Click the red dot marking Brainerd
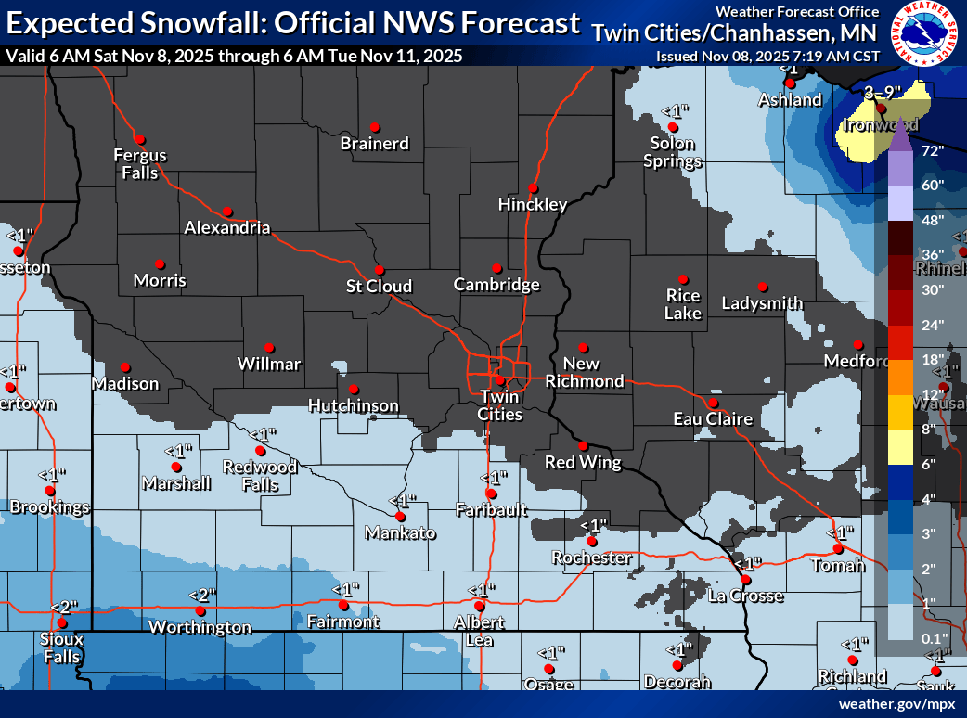[375, 127]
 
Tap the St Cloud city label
[379, 286]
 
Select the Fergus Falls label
[140, 164]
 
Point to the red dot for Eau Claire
[713, 404]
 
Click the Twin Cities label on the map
[499, 405]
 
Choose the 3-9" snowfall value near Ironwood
[881, 92]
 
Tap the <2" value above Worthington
[202, 595]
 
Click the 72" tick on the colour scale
[933, 149]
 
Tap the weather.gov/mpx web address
[896, 704]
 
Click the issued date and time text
[767, 56]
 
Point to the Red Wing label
[582, 462]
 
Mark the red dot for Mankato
[400, 517]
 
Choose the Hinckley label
[533, 204]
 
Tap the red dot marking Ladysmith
[763, 287]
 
